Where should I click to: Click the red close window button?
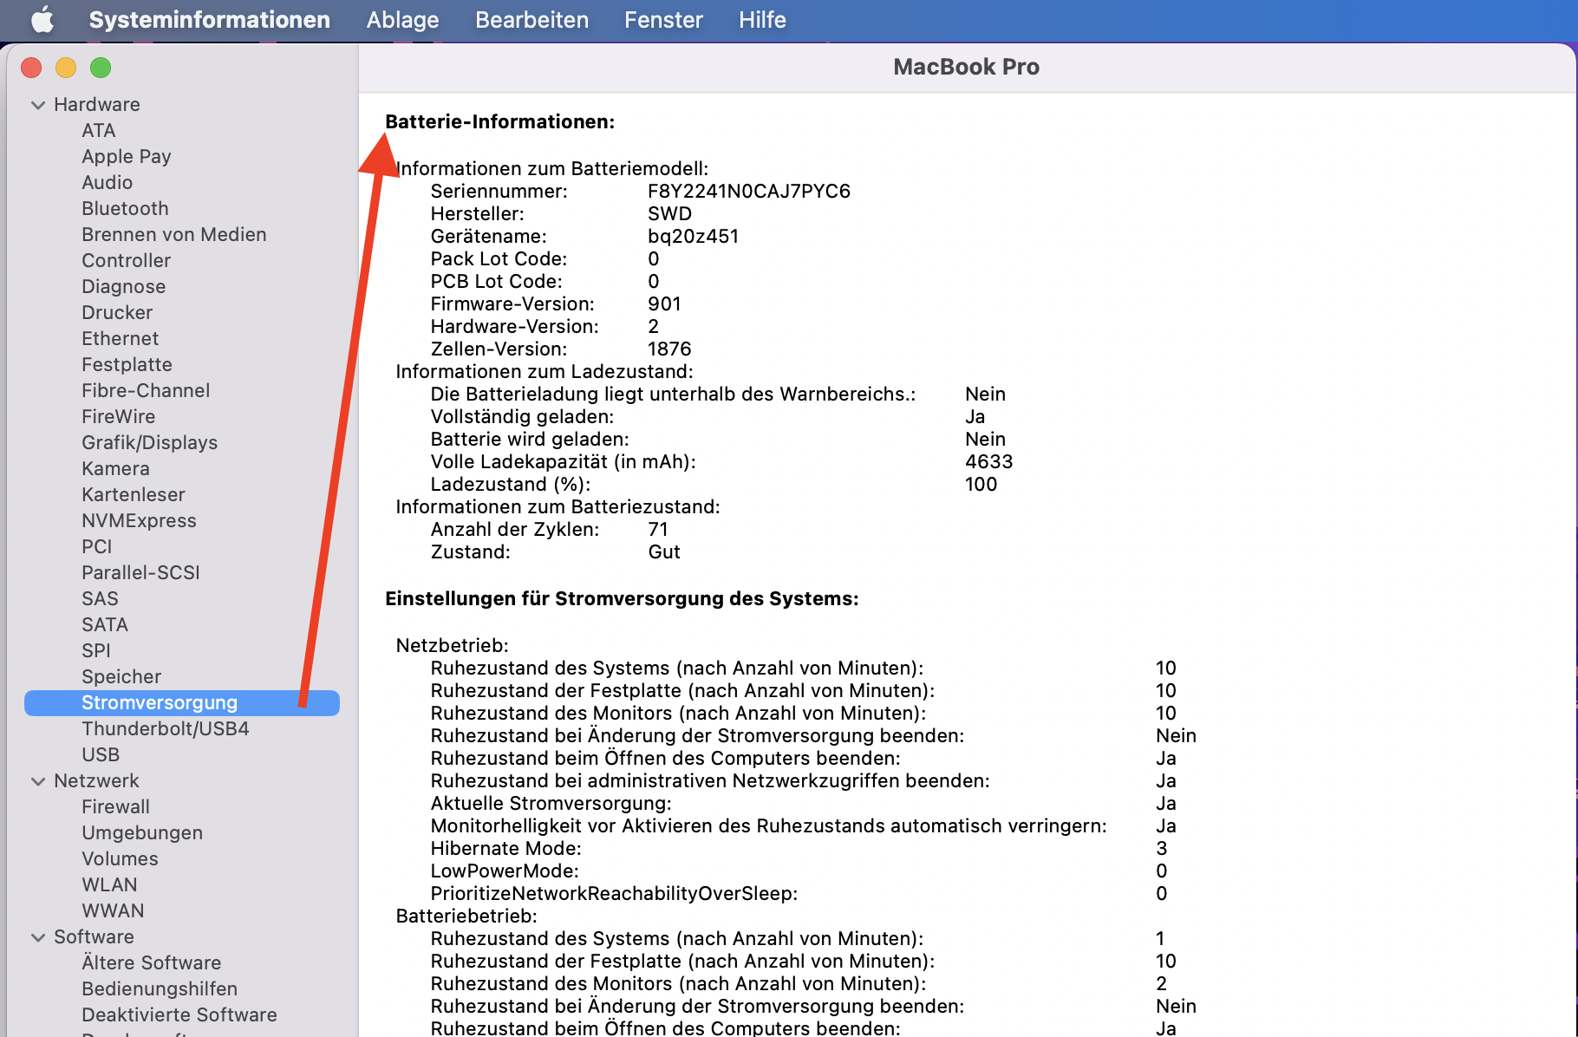click(x=32, y=68)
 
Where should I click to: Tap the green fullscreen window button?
click(x=101, y=68)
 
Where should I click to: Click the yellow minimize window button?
click(x=66, y=68)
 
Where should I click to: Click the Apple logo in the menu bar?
click(x=42, y=20)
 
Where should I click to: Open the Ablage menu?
click(x=402, y=20)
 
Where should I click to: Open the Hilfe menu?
click(x=762, y=20)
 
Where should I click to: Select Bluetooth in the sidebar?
click(x=125, y=209)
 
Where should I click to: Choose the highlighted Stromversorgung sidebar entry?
click(x=160, y=703)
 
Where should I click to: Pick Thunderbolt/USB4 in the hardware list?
click(x=165, y=729)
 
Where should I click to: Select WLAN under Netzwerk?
click(x=109, y=885)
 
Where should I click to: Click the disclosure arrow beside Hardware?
click(x=38, y=105)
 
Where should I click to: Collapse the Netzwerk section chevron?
click(x=38, y=781)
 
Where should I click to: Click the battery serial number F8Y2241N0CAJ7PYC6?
click(x=748, y=192)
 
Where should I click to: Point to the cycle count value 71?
click(x=658, y=530)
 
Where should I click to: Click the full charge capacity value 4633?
click(x=988, y=462)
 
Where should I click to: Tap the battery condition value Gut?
click(x=664, y=552)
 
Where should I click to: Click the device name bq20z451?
click(x=693, y=237)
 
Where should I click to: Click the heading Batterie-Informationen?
click(x=499, y=122)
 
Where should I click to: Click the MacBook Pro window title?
click(x=966, y=68)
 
